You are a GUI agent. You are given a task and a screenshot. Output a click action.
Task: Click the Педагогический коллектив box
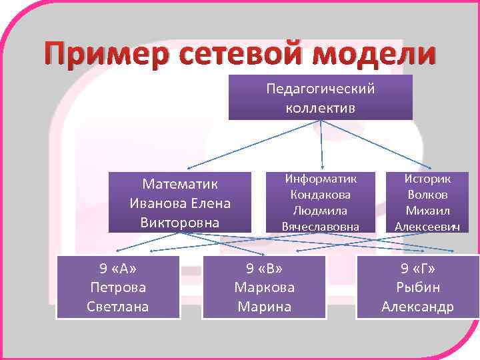tap(320, 97)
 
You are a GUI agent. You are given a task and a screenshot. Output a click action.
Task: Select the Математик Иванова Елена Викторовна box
tap(180, 203)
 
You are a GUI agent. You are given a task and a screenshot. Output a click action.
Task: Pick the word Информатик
tap(321, 179)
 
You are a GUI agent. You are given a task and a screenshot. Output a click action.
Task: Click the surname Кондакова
tap(321, 195)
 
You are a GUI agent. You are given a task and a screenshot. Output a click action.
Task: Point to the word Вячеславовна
tap(321, 227)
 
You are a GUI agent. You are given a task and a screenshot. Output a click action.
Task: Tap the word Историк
tap(427, 179)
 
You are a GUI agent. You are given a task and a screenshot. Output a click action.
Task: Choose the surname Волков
tap(427, 195)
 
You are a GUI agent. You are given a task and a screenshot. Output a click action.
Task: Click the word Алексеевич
tap(427, 227)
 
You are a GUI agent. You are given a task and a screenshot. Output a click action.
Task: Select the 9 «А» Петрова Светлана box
tap(118, 287)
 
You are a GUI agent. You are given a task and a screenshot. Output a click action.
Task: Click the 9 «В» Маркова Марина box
tap(264, 287)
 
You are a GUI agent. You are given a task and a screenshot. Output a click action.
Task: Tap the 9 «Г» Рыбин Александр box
tap(417, 287)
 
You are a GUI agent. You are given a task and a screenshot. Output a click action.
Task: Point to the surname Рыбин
tap(417, 288)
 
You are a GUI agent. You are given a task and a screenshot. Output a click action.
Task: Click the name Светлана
tap(118, 307)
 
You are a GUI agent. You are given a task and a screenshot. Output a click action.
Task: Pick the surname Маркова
tap(264, 288)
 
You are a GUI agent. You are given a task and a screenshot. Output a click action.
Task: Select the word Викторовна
tap(180, 221)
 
